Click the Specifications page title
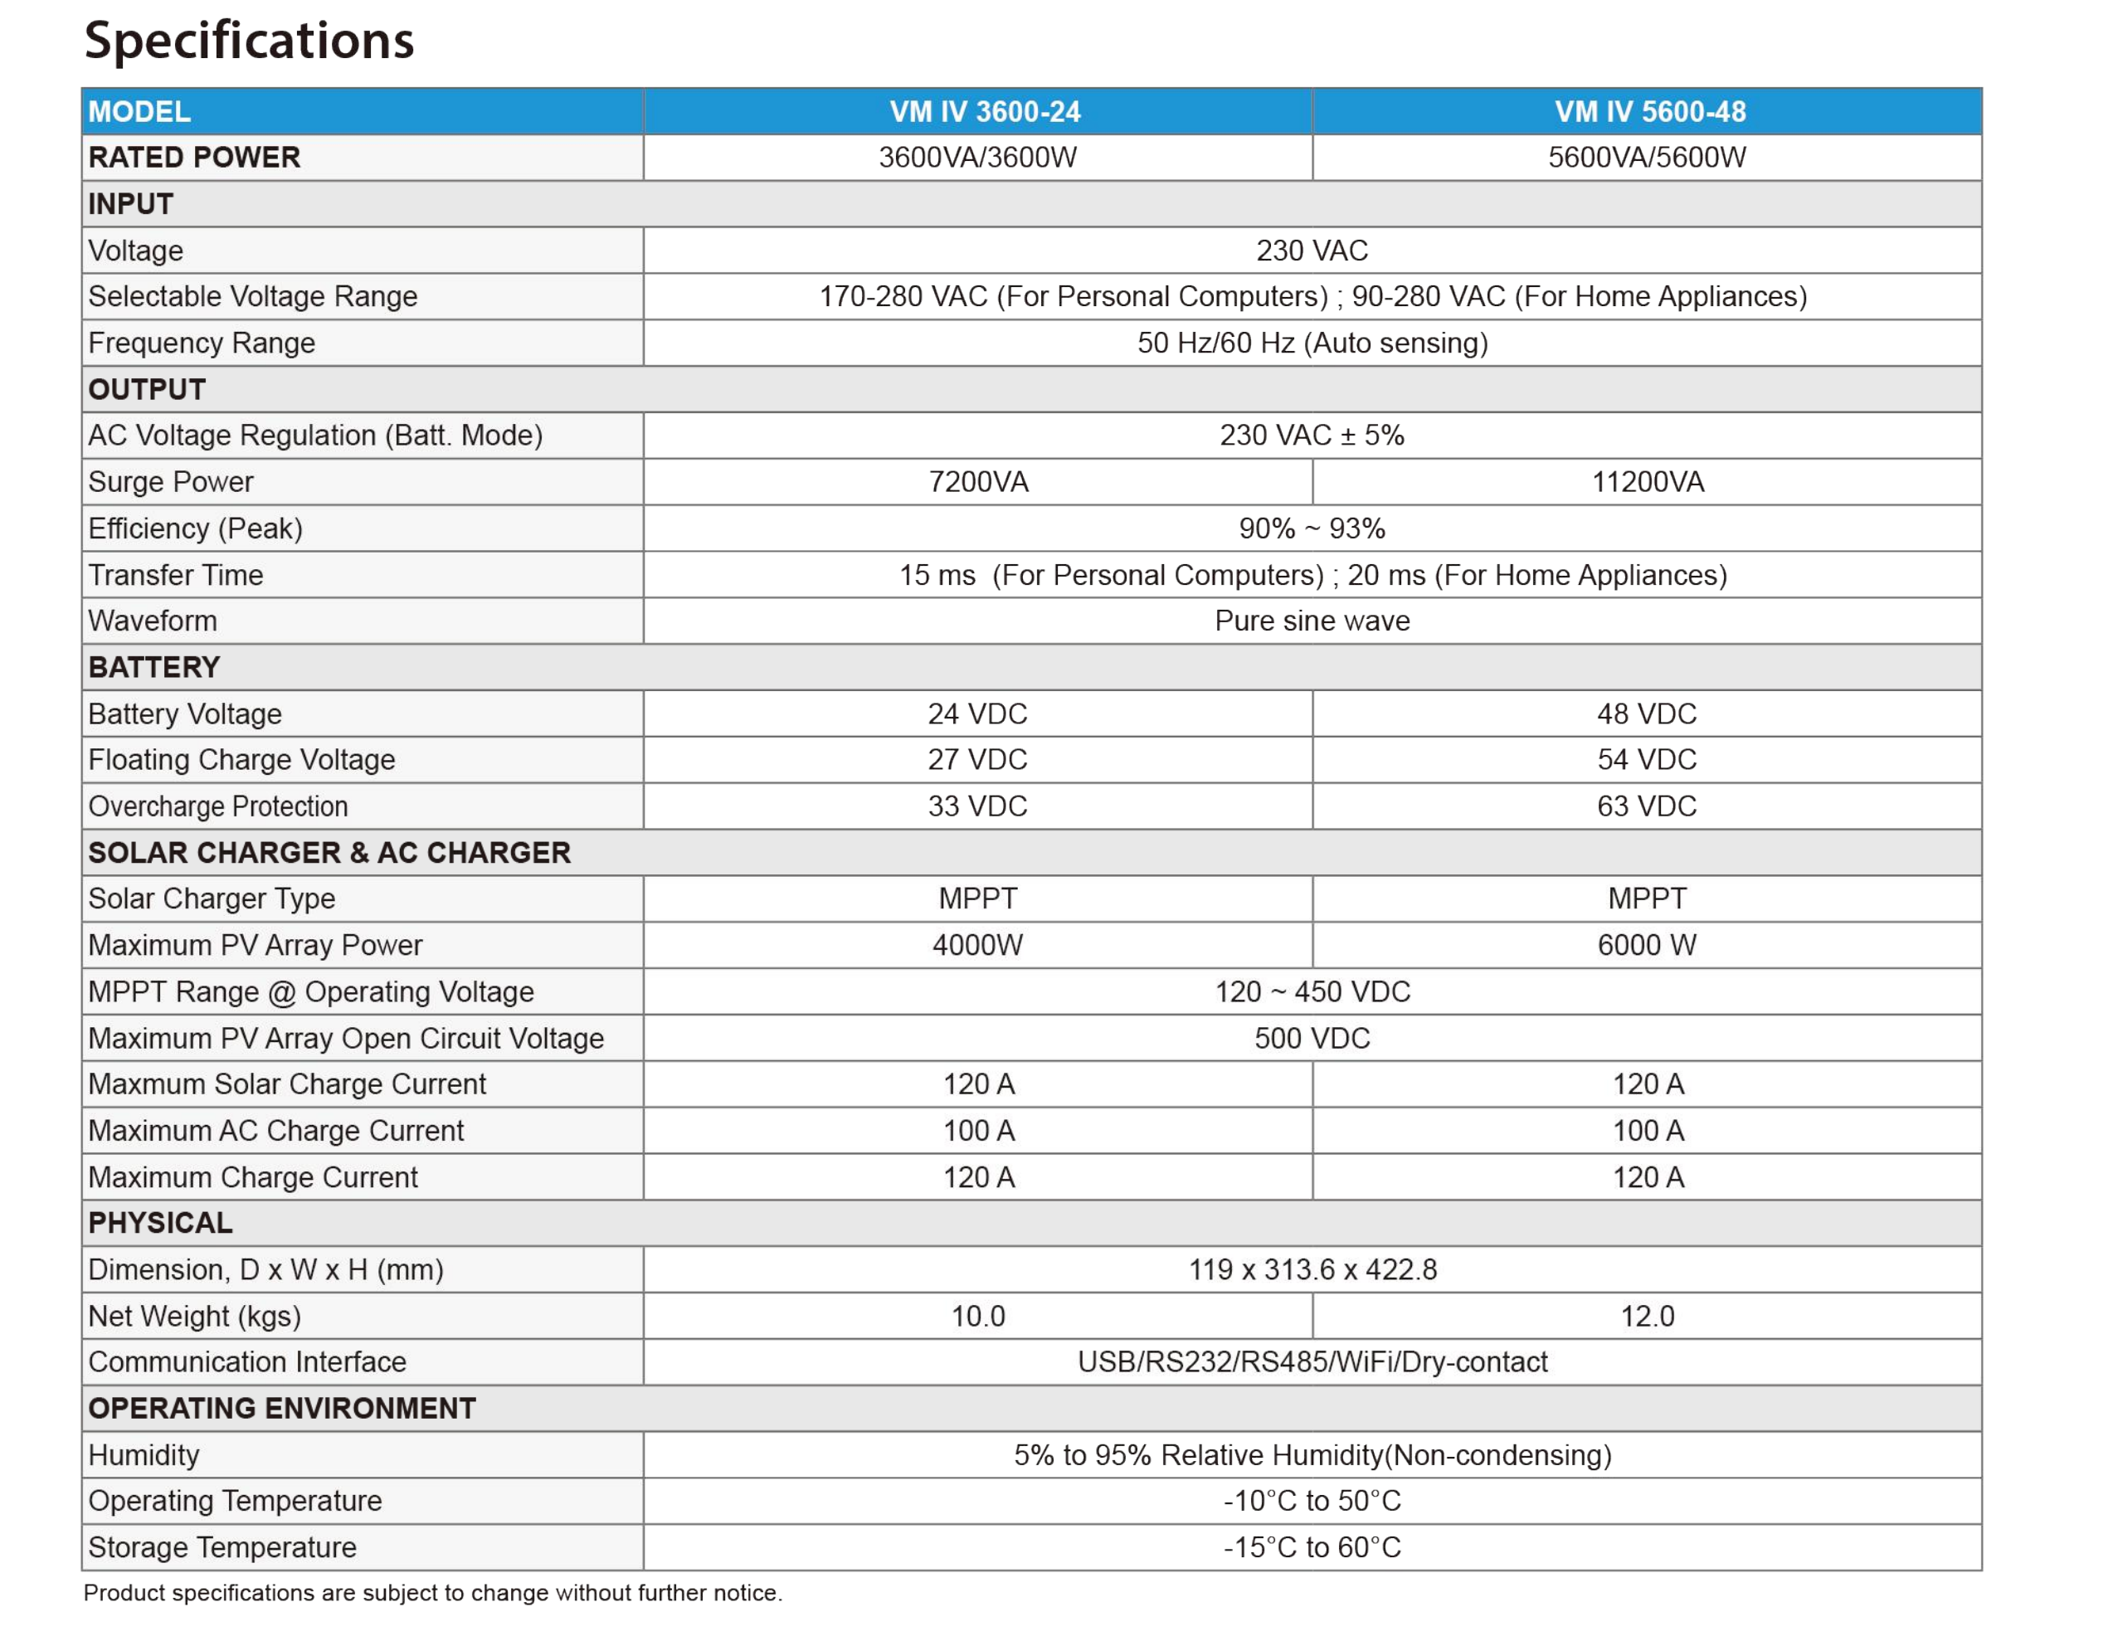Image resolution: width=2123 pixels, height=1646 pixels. tap(249, 41)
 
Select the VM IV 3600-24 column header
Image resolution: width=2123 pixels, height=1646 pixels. tap(984, 112)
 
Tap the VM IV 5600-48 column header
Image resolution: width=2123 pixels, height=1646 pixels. tap(1649, 112)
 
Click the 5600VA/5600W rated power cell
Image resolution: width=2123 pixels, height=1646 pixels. tap(1647, 158)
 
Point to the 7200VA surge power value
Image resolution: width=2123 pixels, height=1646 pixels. tap(978, 482)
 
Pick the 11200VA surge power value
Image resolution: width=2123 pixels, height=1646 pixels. tap(1648, 482)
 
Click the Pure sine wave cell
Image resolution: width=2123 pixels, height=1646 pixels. tap(1312, 621)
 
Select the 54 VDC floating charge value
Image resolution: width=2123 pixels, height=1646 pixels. tap(1647, 760)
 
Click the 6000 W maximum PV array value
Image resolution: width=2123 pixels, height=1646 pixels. tap(1647, 946)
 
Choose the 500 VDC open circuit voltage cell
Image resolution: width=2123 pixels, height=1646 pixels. tap(1312, 1040)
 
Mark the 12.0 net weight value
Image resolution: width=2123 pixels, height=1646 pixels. tap(1647, 1317)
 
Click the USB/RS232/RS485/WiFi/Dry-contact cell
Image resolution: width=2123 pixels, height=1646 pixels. tap(1312, 1363)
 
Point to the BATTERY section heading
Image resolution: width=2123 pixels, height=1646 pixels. tap(154, 668)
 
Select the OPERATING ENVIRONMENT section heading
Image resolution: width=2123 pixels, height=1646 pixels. tap(282, 1410)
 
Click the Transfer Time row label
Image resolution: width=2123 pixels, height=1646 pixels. tap(176, 576)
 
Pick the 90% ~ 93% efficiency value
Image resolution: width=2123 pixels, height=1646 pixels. tap(1312, 529)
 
